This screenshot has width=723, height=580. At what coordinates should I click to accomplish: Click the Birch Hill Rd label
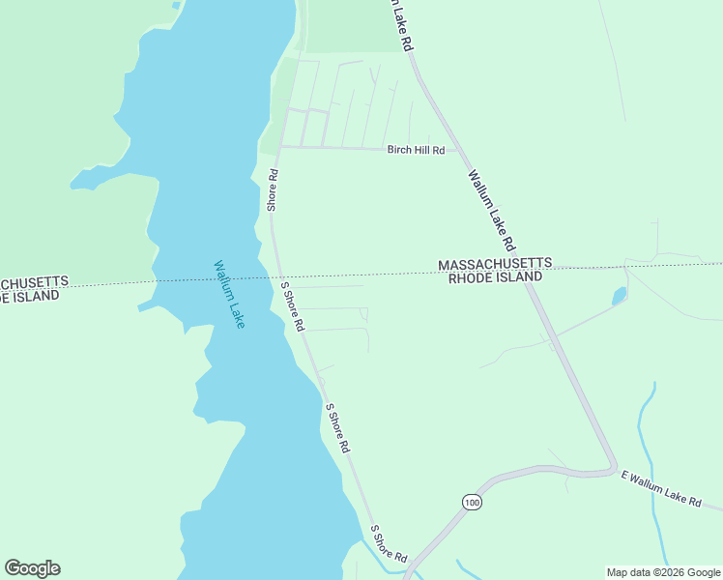coord(416,150)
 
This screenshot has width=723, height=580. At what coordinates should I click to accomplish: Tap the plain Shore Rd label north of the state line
coord(274,190)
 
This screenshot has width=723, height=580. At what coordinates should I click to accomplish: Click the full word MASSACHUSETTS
coord(495,264)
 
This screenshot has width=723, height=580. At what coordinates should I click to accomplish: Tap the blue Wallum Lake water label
coord(229,295)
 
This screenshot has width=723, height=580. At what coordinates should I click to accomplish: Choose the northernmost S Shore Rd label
coord(293,304)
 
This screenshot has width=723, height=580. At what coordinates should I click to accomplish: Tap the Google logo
coord(32,568)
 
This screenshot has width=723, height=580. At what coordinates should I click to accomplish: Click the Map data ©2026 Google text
coord(662,572)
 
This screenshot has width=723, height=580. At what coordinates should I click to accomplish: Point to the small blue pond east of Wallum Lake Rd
coord(620,295)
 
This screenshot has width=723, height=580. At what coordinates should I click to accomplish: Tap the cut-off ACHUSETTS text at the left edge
coord(33,282)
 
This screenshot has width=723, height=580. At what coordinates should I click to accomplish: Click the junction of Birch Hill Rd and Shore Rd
coord(280,147)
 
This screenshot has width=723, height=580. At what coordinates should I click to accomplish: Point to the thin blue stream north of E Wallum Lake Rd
coord(643,425)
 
